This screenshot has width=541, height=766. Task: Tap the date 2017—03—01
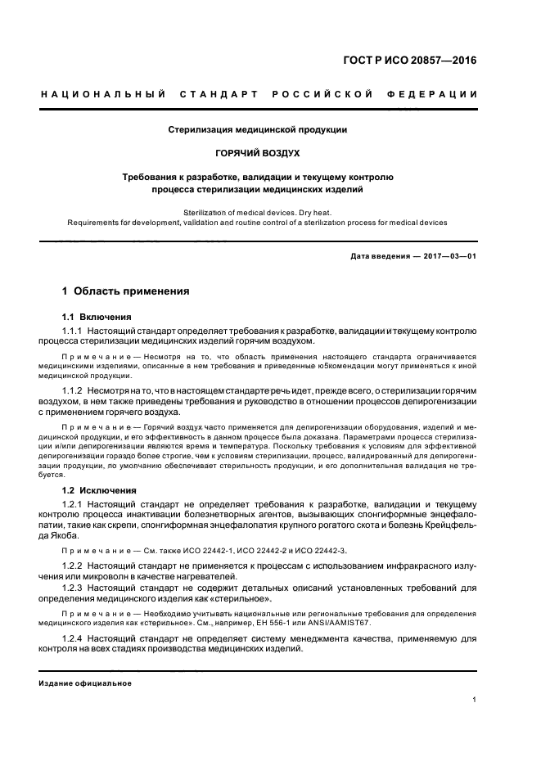(448, 257)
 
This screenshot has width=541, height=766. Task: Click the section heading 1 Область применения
(126, 291)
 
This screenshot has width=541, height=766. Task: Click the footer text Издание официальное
(85, 683)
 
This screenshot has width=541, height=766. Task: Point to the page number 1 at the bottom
(475, 700)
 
